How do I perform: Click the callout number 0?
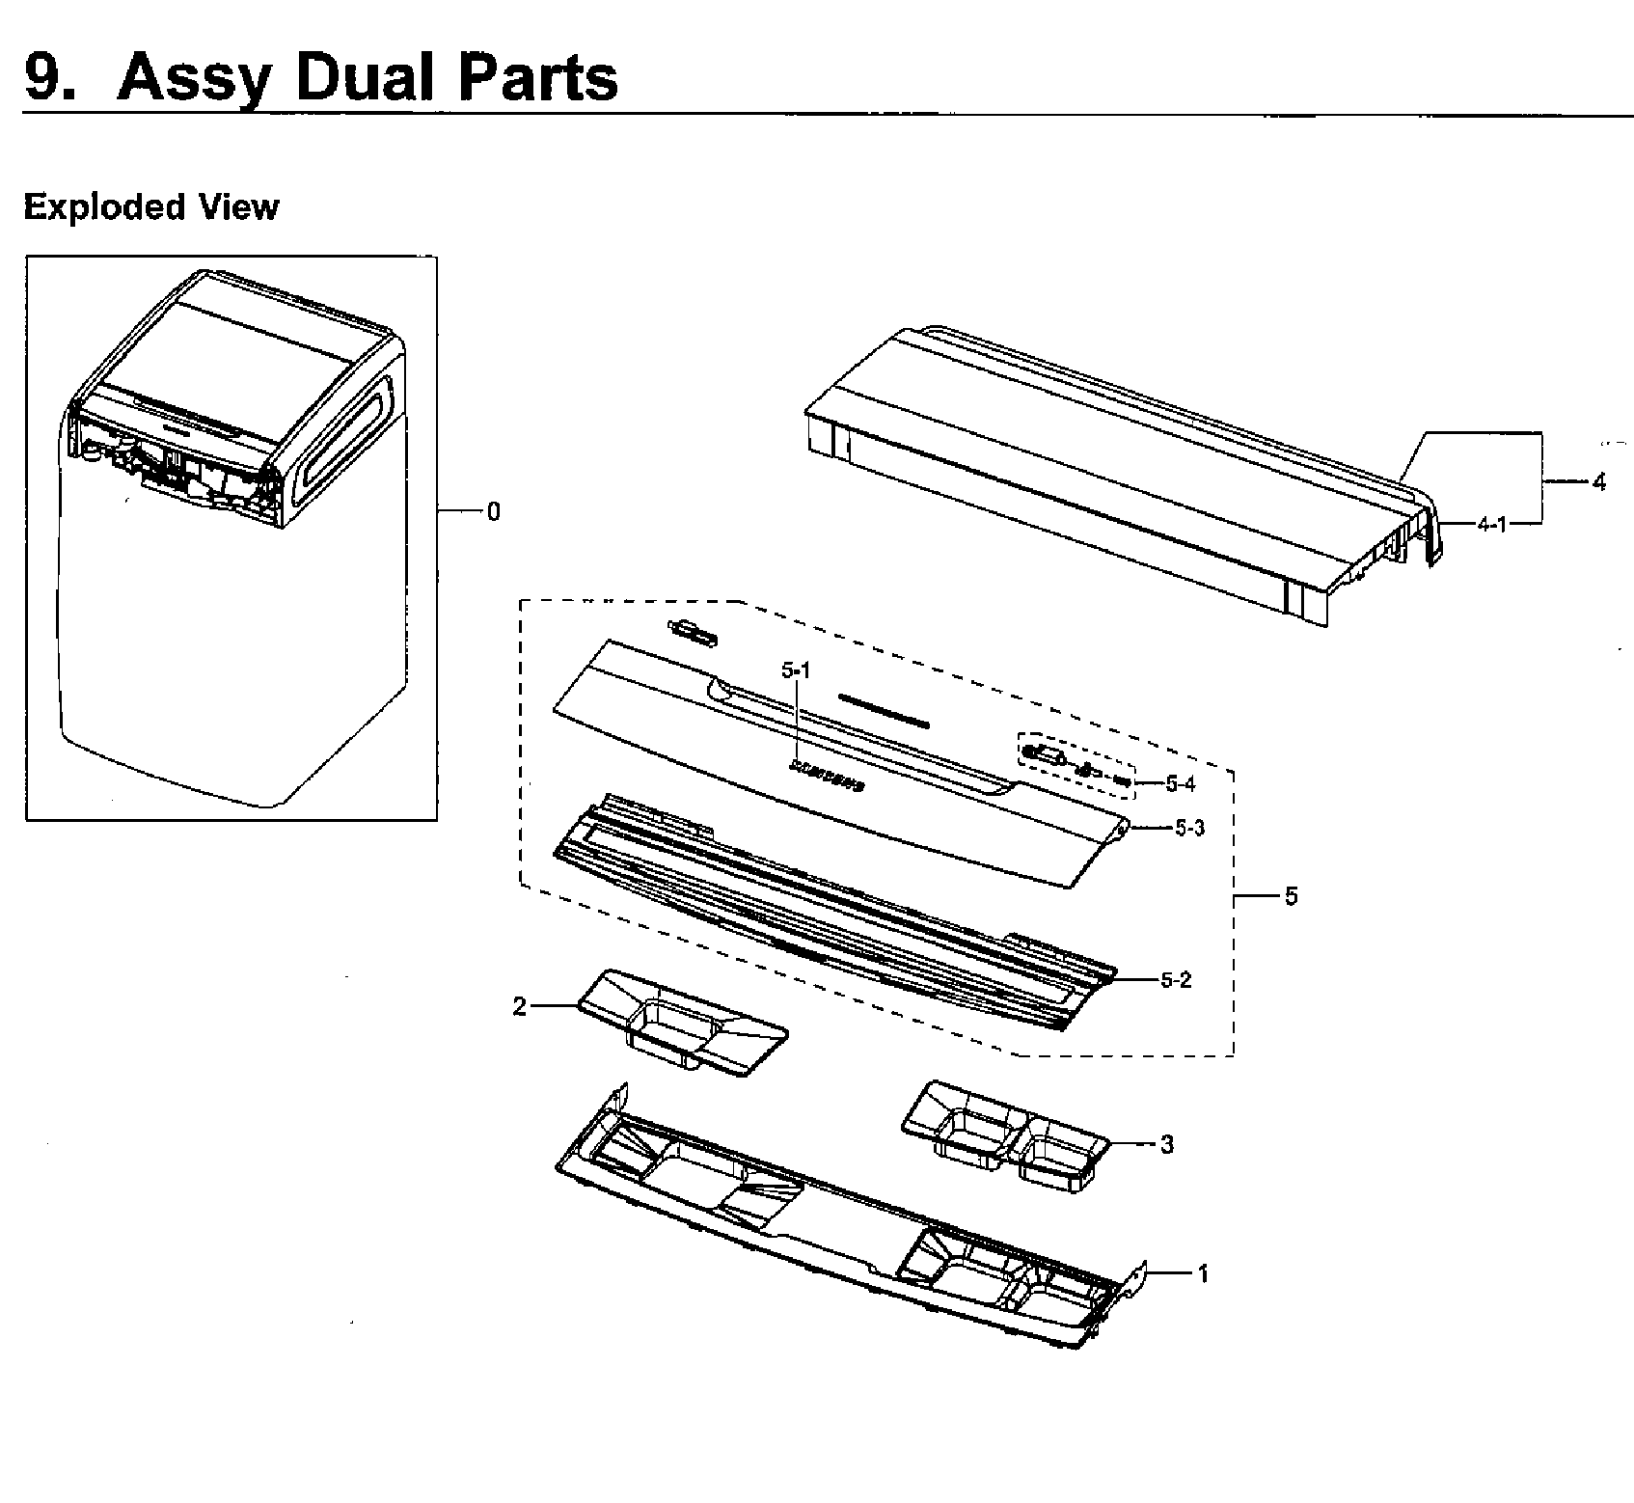(493, 512)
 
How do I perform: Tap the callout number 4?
(1598, 482)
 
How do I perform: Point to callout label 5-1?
(797, 669)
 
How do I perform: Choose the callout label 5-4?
(1180, 784)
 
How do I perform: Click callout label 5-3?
(1189, 828)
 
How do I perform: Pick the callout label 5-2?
(1176, 980)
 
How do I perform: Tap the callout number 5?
(1291, 896)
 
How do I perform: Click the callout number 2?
(520, 1007)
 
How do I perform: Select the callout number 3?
(1166, 1145)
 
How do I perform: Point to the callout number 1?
(1202, 1273)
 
